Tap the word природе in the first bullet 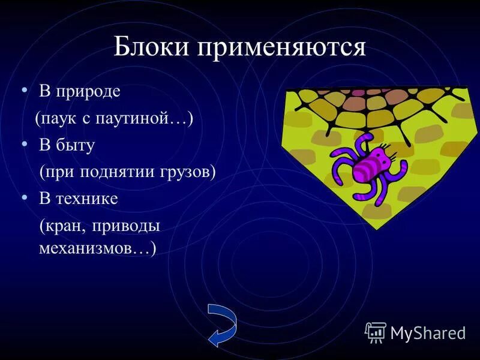(x=88, y=92)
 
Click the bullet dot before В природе (x=25, y=90)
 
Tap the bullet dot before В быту (x=25, y=143)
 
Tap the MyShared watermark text (x=428, y=332)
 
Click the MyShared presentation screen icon (x=376, y=331)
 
